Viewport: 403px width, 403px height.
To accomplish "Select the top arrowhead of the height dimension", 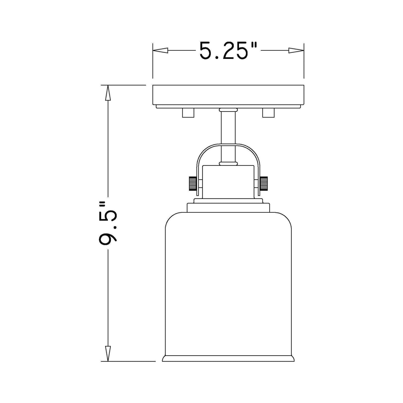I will [x=108, y=94].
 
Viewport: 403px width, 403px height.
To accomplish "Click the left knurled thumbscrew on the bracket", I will [x=192, y=183].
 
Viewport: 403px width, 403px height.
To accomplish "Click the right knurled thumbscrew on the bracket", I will [x=264, y=183].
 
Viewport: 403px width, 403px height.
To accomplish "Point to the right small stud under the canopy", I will [x=268, y=113].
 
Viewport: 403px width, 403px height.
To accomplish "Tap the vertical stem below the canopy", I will [x=228, y=128].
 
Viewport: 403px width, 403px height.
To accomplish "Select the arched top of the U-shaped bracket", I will [x=228, y=146].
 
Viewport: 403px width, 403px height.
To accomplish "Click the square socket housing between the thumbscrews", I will [x=228, y=181].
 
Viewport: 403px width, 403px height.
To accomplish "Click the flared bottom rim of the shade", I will [x=228, y=358].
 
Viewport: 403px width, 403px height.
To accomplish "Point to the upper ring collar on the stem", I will [x=228, y=110].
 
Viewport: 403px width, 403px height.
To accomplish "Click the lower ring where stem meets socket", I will [x=228, y=163].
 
